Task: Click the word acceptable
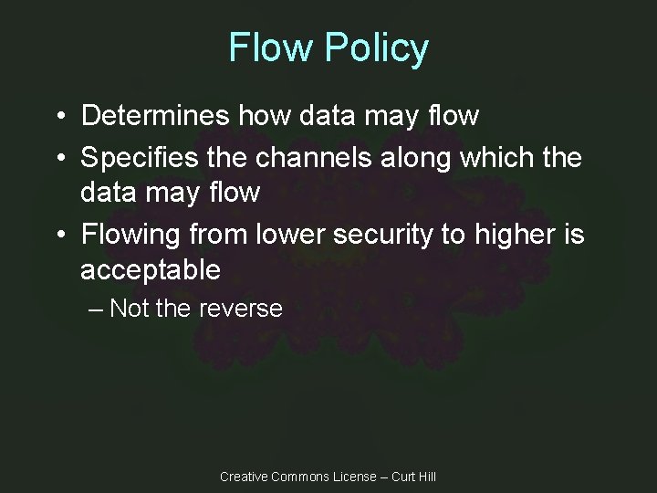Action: [151, 270]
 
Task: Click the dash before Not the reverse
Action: [91, 309]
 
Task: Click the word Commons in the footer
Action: [300, 477]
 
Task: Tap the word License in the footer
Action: [355, 477]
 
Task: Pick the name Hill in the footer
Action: [425, 477]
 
